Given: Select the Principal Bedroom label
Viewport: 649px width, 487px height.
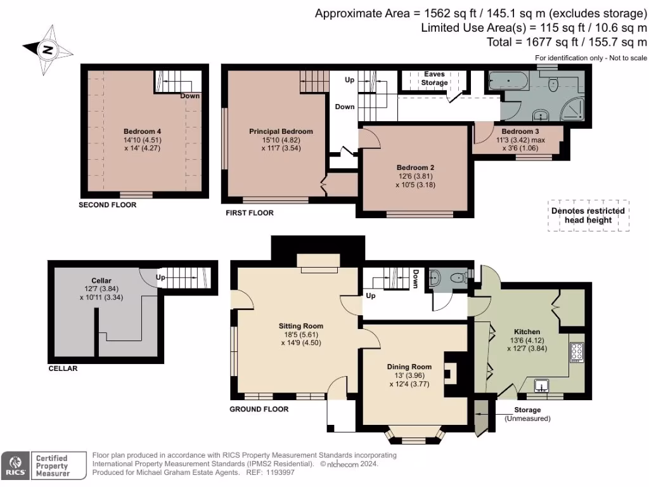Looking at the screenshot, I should coord(281,132).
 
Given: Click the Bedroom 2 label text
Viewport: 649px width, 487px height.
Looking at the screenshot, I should coord(415,168).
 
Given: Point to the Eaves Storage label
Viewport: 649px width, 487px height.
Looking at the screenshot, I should coord(435,78).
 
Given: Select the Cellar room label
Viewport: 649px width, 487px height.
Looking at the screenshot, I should coord(101,280).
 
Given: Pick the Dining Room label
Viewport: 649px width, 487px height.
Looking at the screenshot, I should coord(409,367).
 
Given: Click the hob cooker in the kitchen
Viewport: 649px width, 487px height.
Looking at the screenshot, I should coord(577,353).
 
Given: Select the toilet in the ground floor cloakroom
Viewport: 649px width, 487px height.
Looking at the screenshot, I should coord(455,277).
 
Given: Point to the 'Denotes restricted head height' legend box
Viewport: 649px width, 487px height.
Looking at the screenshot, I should coord(588,216).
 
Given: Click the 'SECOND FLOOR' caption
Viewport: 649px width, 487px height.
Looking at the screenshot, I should coord(107,205).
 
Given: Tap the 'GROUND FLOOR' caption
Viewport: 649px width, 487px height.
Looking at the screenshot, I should coord(259,410).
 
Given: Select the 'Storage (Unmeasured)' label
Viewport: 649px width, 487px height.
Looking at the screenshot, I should coord(527,414).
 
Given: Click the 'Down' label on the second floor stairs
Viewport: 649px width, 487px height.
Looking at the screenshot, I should coord(190,96).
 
